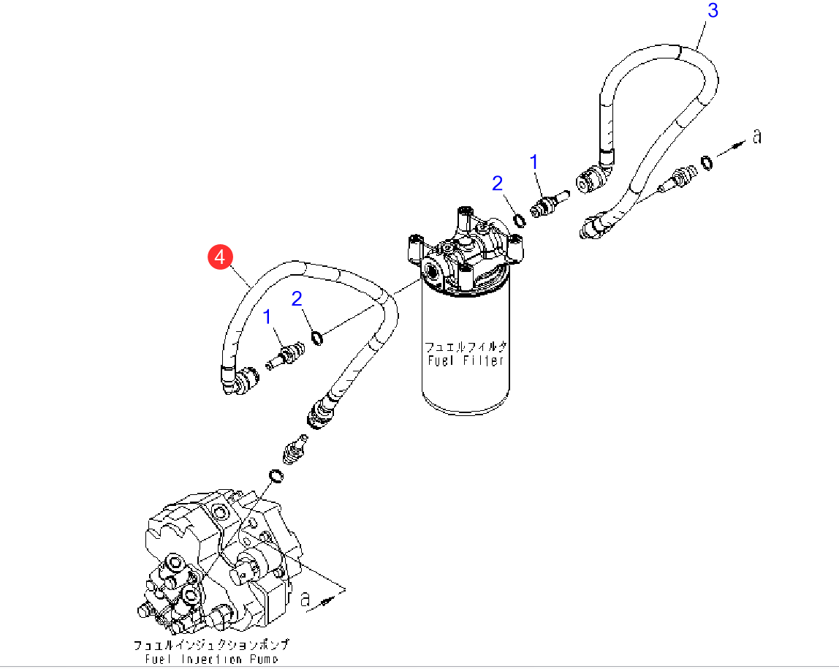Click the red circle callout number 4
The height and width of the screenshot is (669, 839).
[x=220, y=257]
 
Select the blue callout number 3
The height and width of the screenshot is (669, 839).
[x=713, y=10]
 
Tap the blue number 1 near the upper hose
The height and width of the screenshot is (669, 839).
[x=534, y=162]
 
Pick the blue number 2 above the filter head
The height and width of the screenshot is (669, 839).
[x=498, y=183]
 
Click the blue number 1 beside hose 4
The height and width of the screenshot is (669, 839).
[x=267, y=317]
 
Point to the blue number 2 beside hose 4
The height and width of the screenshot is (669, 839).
[x=297, y=298]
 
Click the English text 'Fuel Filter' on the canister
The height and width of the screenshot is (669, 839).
[x=466, y=360]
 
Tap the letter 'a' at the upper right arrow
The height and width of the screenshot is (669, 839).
[x=756, y=136]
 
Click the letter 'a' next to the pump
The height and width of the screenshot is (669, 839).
[x=306, y=600]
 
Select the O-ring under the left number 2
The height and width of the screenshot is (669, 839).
[x=318, y=337]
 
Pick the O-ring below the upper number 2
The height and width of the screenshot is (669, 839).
[x=517, y=220]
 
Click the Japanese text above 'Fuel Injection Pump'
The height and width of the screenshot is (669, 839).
[x=211, y=645]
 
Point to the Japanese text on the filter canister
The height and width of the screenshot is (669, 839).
[x=466, y=347]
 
